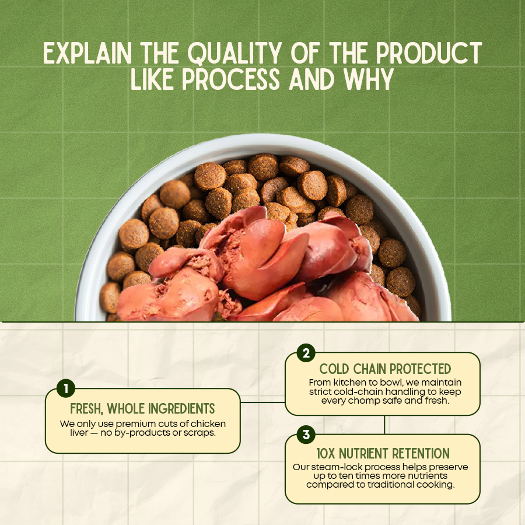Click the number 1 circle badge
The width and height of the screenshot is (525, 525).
(65, 388)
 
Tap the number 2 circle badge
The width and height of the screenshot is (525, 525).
(306, 353)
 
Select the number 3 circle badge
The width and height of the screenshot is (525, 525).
(306, 435)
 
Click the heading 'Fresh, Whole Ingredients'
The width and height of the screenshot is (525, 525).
(143, 408)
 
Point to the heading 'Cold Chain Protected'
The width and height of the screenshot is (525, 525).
(385, 369)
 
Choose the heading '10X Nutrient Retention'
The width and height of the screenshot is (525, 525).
(383, 453)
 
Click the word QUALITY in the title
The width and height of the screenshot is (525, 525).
(235, 53)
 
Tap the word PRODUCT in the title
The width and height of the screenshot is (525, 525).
(429, 52)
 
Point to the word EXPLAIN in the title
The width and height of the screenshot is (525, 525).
(87, 52)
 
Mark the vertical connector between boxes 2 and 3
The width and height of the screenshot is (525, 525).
(384, 425)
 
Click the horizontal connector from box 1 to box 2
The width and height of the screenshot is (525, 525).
(263, 402)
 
